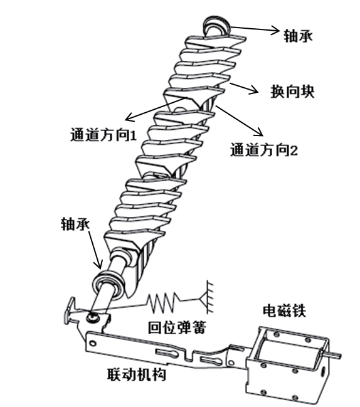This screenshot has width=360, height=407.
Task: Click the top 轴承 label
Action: [x=298, y=36]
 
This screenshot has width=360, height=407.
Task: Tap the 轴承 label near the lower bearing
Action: [x=75, y=224]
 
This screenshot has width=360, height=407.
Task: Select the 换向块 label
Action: [x=292, y=92]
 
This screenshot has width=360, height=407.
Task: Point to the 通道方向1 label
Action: [x=103, y=135]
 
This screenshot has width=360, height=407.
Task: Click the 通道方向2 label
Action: [x=263, y=150]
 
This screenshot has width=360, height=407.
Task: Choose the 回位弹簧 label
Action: [x=177, y=327]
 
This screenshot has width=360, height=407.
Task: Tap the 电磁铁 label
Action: [x=284, y=310]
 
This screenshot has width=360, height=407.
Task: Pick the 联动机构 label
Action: [x=137, y=374]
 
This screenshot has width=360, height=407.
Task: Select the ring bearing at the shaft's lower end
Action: [x=109, y=285]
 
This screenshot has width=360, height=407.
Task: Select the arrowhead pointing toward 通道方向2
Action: [x=259, y=132]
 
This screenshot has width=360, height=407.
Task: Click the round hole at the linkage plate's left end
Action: [x=92, y=344]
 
